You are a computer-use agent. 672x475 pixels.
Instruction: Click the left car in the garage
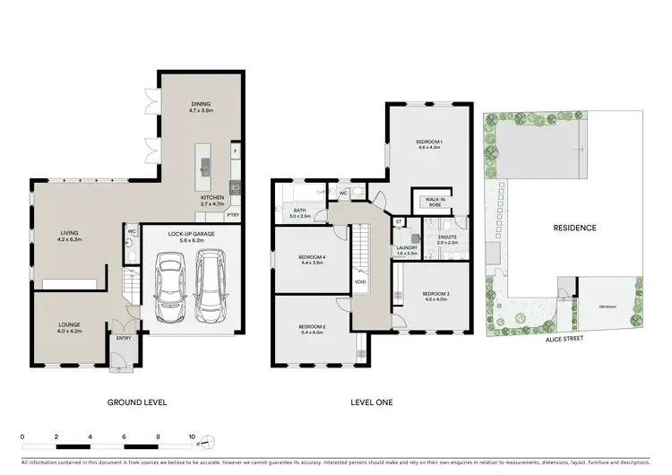169,287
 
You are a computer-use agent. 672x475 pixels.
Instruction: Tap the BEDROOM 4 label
312,260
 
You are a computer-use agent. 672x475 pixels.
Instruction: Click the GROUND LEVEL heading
137,402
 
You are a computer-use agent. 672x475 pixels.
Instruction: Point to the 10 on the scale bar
192,438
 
